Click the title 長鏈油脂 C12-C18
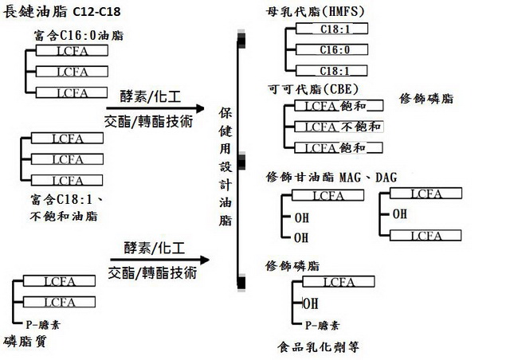point(62,12)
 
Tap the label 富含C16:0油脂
point(79,35)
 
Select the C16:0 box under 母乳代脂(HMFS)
point(331,49)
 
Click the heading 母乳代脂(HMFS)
point(315,12)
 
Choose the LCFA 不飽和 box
point(339,127)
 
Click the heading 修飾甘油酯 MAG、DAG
point(331,178)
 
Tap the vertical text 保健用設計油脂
point(225,166)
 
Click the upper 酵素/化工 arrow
point(155,108)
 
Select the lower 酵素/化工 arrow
point(159,260)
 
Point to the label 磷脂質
point(25,342)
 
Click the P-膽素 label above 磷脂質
point(42,324)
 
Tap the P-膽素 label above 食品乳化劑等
point(322,325)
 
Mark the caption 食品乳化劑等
point(319,347)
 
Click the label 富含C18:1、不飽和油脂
point(66,208)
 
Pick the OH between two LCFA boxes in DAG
point(400,214)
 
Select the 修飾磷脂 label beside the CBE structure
point(426,98)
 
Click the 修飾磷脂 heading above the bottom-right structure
point(292,266)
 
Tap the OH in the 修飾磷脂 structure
point(311,303)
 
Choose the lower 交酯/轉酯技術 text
point(152,272)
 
